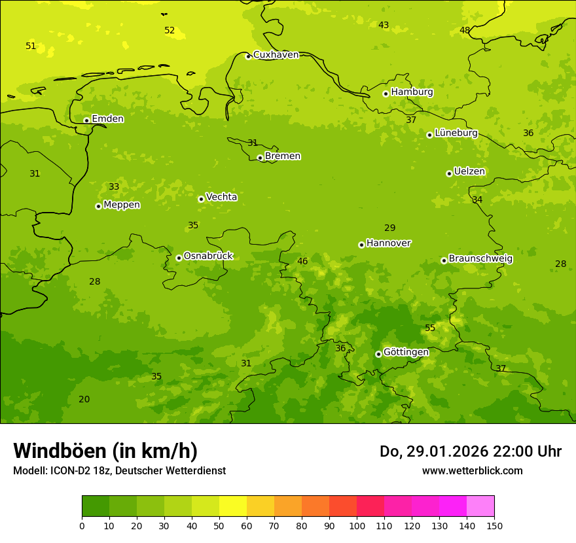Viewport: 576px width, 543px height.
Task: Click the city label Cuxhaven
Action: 276,55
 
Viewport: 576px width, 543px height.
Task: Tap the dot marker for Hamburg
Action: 386,94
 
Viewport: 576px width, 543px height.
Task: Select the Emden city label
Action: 107,119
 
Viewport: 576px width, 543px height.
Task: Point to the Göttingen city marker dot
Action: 378,354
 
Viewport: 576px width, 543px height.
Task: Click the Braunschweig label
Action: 480,259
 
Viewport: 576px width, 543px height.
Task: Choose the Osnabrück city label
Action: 208,256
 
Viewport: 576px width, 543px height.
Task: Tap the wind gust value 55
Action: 430,328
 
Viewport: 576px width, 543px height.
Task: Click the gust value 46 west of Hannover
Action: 302,262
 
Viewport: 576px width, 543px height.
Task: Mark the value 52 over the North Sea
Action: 170,31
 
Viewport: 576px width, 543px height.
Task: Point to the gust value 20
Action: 84,400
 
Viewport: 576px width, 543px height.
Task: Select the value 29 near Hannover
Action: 390,228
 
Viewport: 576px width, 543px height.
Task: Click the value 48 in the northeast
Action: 465,31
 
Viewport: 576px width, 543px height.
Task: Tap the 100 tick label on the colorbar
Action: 357,525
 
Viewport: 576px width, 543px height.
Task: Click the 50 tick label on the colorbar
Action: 219,525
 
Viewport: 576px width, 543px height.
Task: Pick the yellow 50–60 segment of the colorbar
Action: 233,506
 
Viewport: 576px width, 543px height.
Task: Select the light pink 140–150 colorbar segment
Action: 480,506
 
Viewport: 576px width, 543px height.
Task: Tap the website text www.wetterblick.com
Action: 472,470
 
